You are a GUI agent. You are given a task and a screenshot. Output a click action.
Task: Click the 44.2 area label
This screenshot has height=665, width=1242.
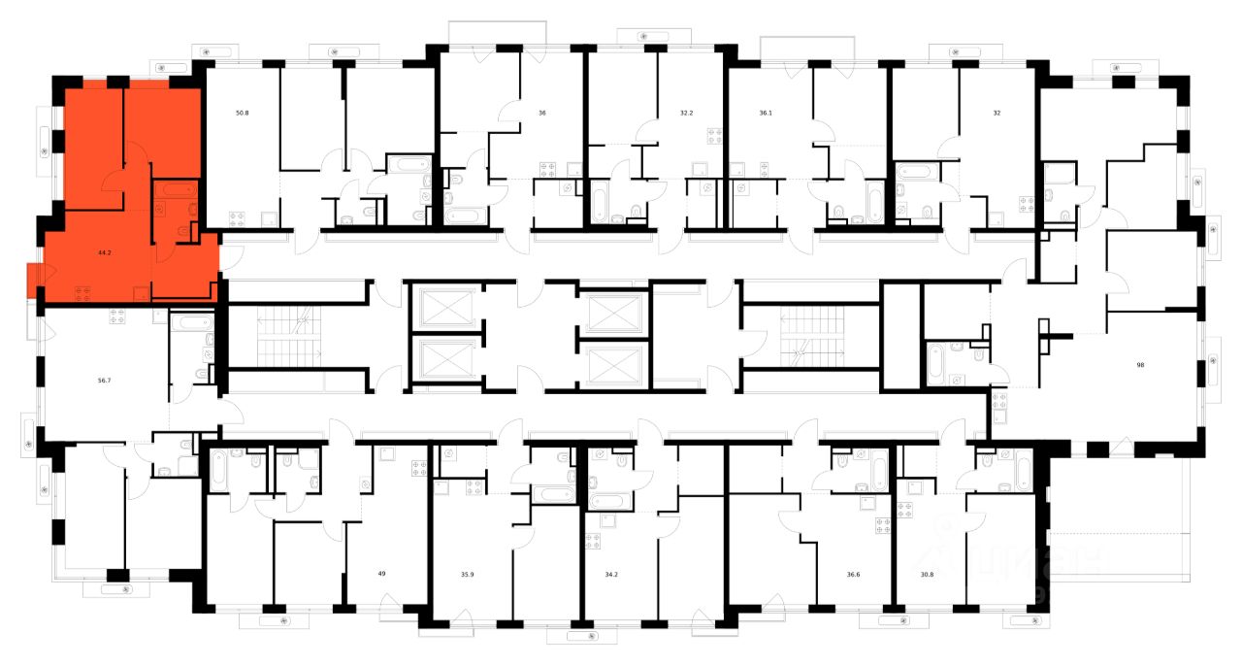[x=104, y=252]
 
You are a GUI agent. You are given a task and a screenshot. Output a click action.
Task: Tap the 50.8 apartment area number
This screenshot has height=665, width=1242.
[x=242, y=113]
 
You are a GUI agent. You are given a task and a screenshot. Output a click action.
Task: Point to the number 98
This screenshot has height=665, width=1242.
[x=1141, y=365]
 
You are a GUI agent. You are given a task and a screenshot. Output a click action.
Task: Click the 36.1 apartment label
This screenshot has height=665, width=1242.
[x=766, y=113]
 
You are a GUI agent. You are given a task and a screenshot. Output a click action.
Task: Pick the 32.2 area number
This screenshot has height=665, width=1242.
[x=687, y=113]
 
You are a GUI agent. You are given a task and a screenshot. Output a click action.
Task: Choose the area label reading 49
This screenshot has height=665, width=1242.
[x=382, y=574]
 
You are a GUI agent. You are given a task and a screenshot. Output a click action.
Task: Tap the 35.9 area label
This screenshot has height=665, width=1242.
[x=467, y=574]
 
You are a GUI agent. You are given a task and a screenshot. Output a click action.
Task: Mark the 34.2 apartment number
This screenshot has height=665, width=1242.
[x=610, y=574]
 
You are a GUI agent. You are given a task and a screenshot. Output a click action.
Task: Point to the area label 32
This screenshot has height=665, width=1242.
[x=997, y=113]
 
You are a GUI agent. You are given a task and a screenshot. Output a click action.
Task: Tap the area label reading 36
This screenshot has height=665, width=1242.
[x=542, y=113]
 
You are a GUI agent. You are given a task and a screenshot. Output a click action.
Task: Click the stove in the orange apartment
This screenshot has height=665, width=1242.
[x=84, y=292]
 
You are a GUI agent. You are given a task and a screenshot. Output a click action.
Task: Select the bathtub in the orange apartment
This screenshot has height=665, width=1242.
[x=176, y=190]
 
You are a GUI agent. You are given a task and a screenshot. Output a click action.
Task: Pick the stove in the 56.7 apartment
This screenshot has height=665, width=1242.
[x=117, y=315]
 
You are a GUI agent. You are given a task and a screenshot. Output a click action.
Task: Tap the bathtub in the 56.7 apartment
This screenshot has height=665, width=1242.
[x=190, y=322]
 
